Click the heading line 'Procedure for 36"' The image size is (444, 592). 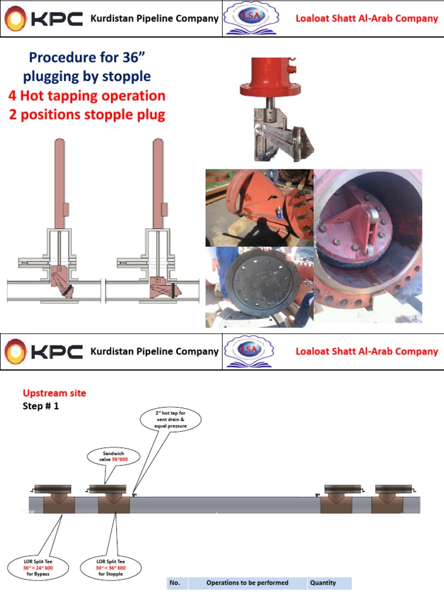click(87, 58)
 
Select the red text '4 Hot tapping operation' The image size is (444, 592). click(87, 95)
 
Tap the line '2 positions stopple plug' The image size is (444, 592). click(87, 114)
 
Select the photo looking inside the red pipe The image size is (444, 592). click(368, 246)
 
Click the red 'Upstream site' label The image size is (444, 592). click(54, 393)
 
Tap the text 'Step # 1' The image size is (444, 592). click(40, 406)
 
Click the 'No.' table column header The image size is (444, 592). click(175, 583)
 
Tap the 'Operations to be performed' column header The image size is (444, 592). click(247, 583)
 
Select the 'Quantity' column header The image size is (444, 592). click(323, 583)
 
